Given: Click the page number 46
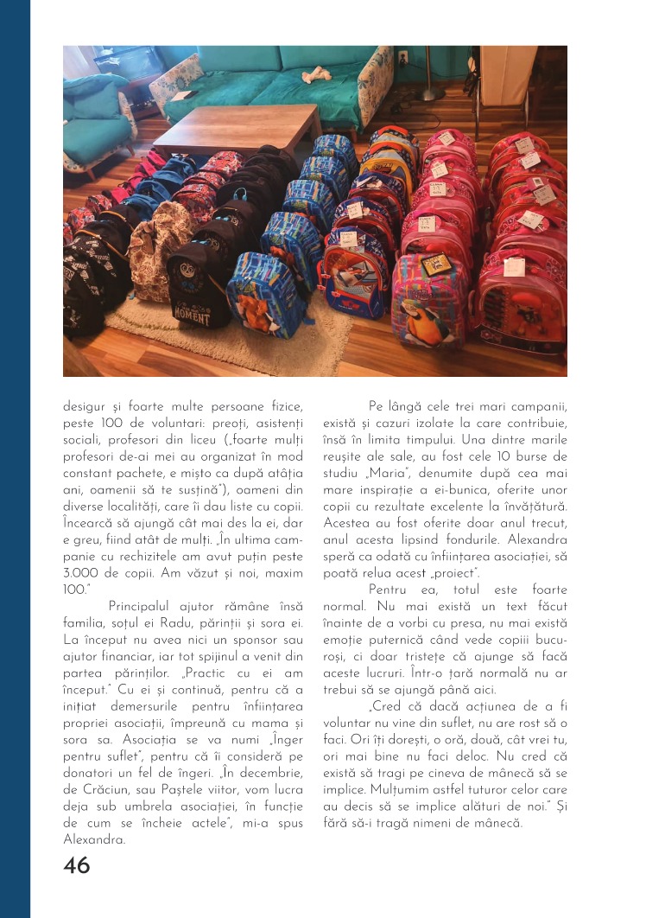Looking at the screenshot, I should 76,865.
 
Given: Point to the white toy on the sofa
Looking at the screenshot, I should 310,76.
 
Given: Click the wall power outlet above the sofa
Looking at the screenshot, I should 402,57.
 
